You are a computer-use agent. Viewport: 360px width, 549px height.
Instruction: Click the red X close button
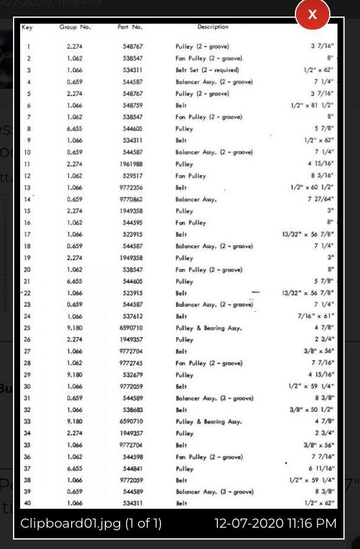click(312, 15)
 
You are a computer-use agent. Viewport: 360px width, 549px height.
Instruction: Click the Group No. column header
click(75, 27)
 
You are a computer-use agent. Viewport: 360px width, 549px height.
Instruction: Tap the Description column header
click(213, 27)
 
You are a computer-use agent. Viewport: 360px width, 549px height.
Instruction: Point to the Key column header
click(27, 27)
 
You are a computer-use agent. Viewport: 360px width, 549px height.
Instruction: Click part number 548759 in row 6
click(132, 105)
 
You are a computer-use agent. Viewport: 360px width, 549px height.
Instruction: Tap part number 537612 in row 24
click(132, 317)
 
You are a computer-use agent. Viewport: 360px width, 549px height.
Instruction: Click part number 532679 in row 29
click(132, 375)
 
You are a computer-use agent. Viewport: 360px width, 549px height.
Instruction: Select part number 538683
click(132, 410)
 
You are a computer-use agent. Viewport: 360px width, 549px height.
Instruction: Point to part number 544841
click(132, 469)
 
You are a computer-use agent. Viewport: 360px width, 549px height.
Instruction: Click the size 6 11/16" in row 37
click(322, 469)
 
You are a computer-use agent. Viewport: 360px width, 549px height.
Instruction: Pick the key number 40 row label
click(28, 503)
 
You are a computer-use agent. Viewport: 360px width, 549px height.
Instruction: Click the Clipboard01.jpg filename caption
click(91, 524)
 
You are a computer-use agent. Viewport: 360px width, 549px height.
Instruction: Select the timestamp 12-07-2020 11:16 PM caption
click(275, 524)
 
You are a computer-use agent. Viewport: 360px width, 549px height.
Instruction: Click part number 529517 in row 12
click(132, 176)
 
